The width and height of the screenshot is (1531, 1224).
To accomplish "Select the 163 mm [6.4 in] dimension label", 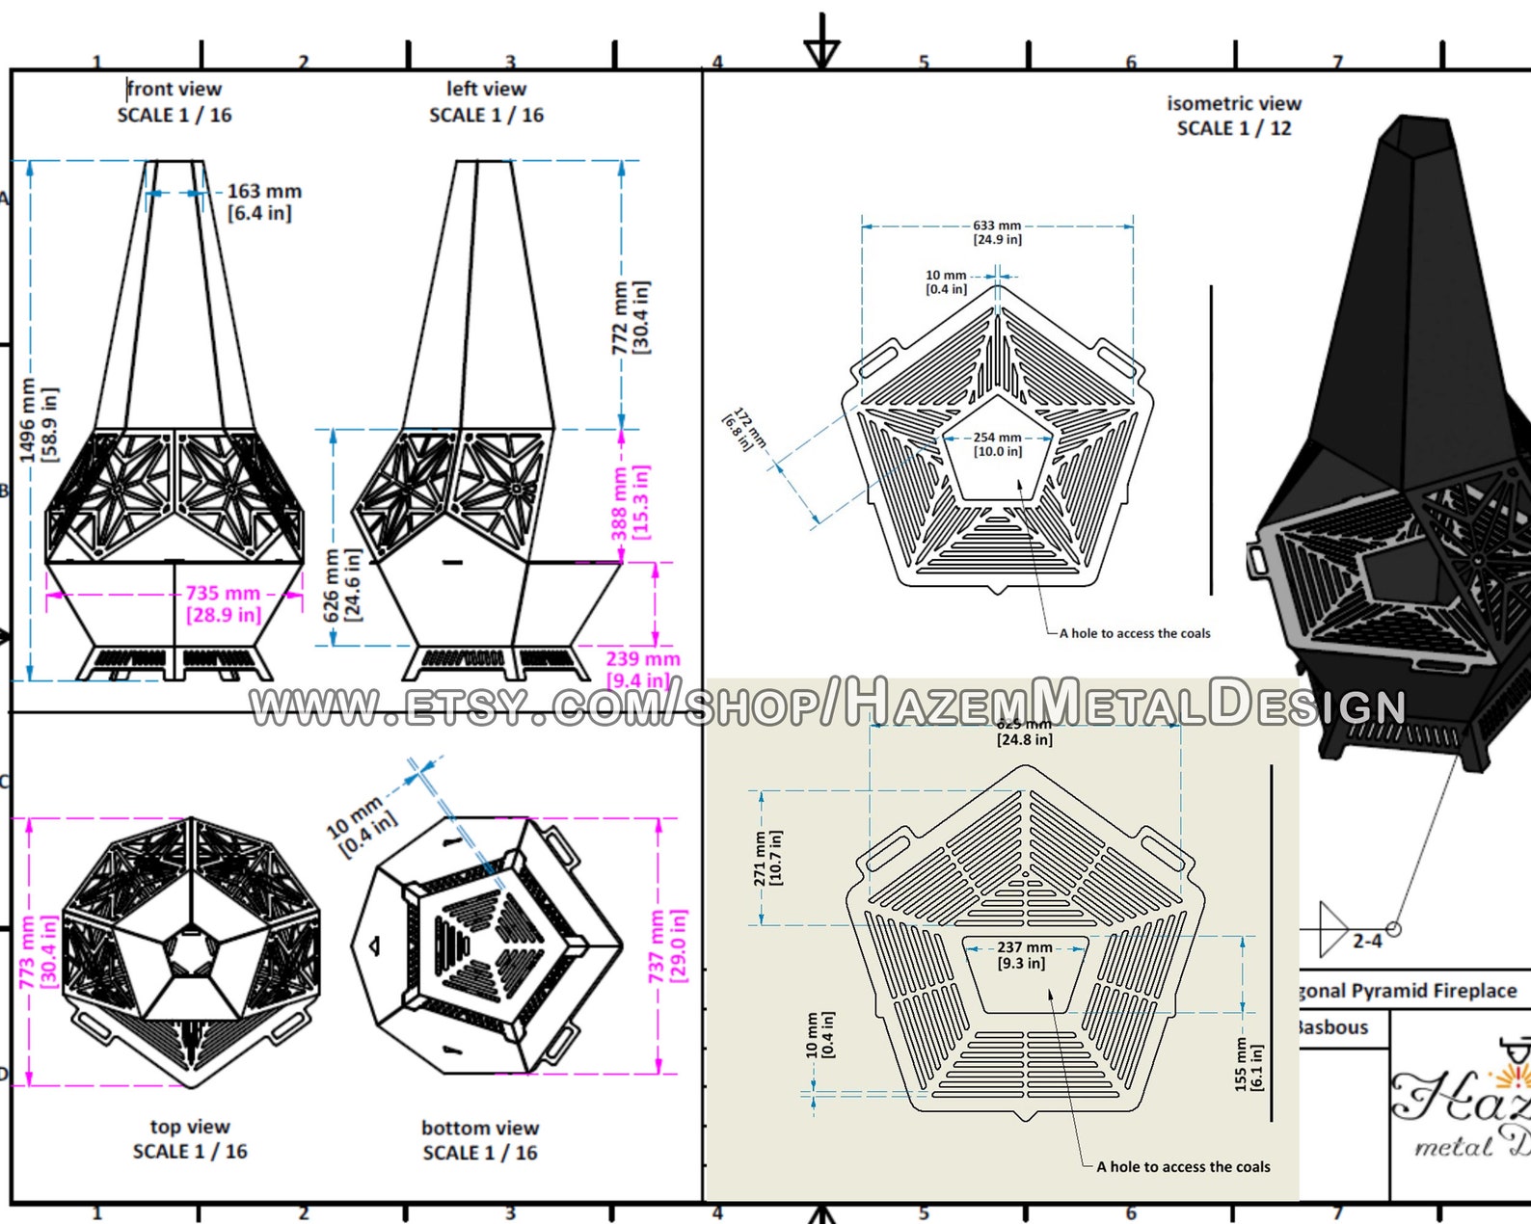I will click(263, 201).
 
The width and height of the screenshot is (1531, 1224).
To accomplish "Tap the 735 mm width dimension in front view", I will click(223, 604).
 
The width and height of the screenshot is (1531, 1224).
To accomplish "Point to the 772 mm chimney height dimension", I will click(631, 317).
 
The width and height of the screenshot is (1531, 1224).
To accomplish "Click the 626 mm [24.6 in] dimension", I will click(342, 585).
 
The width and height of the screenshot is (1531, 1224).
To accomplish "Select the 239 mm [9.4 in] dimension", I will click(642, 669).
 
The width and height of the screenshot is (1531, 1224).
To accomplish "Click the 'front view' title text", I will click(175, 90).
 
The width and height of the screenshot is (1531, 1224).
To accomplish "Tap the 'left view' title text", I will click(486, 90).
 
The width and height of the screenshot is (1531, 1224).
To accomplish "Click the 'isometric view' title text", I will click(1233, 103).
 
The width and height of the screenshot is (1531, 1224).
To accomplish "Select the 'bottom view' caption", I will click(479, 1128).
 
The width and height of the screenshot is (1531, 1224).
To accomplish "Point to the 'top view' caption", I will click(190, 1127).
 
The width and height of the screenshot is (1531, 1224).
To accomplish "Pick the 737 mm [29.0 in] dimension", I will click(667, 945).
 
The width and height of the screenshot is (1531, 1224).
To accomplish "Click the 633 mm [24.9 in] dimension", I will click(997, 232).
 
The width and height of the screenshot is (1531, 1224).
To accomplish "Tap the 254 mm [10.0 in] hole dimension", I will click(997, 444).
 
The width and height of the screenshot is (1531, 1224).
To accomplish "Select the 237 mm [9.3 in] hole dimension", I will click(1024, 955).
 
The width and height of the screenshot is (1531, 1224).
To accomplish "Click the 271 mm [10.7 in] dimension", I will click(768, 858).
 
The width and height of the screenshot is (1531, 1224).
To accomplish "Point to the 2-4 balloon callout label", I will click(1366, 941).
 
